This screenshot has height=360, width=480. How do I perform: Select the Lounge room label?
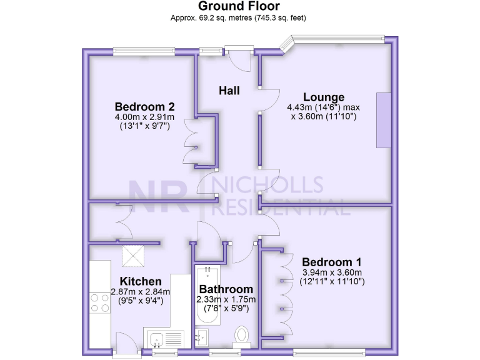[323, 97]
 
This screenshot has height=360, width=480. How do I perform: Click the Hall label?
[229, 91]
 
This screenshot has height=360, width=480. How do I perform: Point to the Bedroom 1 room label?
[331, 262]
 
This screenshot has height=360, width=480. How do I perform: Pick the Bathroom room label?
[226, 289]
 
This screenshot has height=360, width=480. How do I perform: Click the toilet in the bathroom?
[241, 336]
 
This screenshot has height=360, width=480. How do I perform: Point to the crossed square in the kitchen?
[133, 256]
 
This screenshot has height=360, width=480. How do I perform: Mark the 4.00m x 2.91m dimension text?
[144, 116]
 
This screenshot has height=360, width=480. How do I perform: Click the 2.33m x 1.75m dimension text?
[226, 299]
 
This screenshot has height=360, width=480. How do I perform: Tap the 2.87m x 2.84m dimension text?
[141, 292]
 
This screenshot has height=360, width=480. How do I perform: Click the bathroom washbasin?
[201, 337]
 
